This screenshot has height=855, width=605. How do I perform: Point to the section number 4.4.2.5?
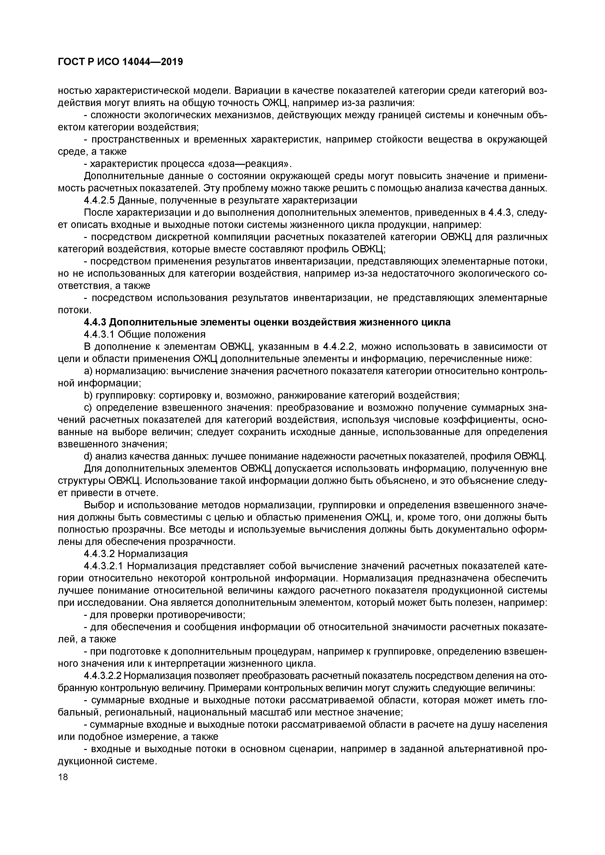pyautogui.click(x=99, y=200)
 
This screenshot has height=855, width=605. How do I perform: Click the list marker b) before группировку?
pyautogui.click(x=88, y=395)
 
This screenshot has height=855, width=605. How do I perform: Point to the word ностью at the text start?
pyautogui.click(x=75, y=91)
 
